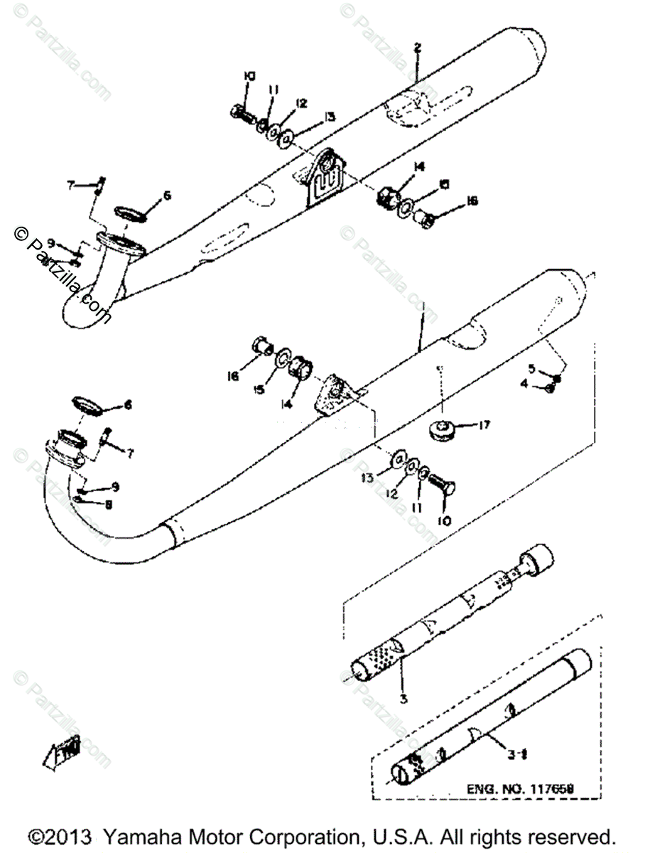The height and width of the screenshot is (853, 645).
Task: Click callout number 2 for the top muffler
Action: [x=418, y=48]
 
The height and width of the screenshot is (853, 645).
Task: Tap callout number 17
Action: [x=484, y=426]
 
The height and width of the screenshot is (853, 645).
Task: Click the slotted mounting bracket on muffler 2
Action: [x=324, y=180]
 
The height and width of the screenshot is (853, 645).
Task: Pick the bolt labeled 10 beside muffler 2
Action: [x=241, y=112]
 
